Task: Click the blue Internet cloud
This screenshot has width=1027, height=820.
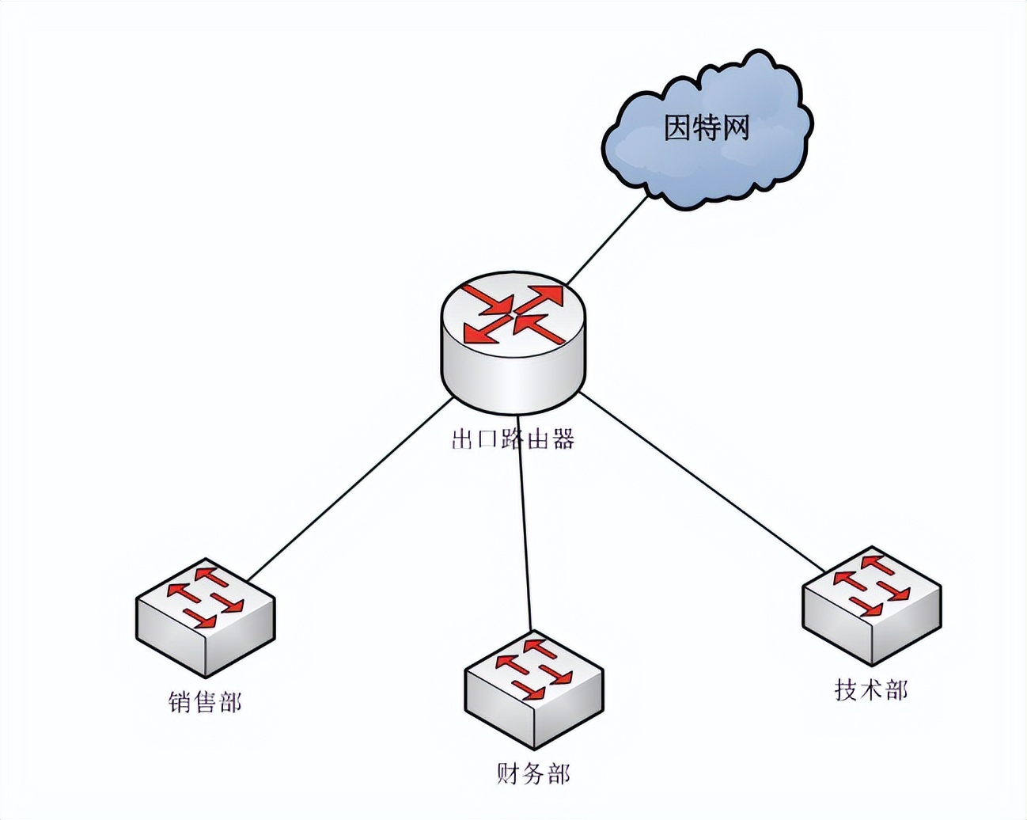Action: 704,162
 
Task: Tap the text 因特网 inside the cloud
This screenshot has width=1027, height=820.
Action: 707,128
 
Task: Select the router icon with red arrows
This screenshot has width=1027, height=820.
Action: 514,340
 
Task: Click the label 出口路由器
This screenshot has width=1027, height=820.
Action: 513,439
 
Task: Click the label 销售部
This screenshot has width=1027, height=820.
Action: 205,702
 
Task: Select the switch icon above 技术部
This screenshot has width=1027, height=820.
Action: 872,606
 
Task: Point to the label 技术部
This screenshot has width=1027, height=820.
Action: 871,690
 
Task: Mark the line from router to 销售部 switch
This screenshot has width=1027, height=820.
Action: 348,489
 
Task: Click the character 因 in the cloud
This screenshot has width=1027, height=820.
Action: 678,128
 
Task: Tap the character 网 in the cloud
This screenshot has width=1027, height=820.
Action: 735,128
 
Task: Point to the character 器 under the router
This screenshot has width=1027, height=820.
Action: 563,439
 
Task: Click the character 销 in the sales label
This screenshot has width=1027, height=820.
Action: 180,702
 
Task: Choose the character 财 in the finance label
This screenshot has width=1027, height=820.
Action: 510,773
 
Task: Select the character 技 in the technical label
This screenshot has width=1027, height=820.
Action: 847,690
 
